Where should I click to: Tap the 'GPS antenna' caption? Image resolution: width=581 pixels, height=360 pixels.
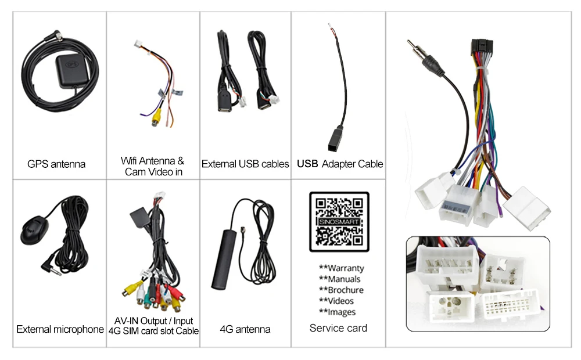[56, 164]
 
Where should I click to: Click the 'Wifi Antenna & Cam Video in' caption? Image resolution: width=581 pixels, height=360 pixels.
[152, 166]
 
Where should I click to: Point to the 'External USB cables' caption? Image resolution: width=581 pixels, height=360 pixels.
[245, 164]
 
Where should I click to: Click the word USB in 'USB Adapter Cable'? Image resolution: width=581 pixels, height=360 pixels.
[308, 164]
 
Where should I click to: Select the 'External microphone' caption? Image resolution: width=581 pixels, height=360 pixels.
[60, 330]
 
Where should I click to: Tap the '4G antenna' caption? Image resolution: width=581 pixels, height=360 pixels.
[245, 330]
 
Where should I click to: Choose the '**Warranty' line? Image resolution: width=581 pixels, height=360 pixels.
[342, 268]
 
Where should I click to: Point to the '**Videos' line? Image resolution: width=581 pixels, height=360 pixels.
[336, 301]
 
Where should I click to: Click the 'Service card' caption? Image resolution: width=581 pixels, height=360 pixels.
[338, 329]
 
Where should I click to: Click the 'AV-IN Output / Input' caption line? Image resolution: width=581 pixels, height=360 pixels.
[153, 321]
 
